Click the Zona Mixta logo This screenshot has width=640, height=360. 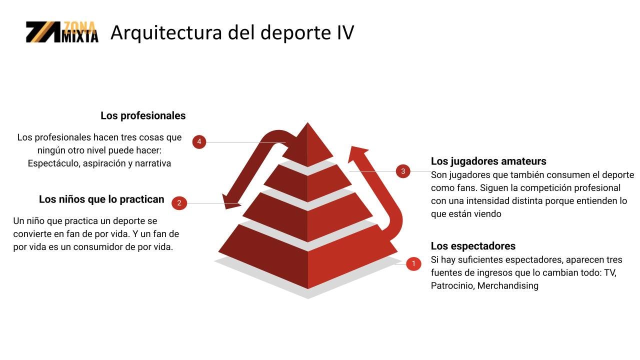(62, 32)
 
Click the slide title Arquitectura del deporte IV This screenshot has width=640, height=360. (232, 32)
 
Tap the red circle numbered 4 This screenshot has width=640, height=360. (199, 141)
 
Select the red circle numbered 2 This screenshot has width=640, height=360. (179, 203)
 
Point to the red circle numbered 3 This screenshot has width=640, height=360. (403, 171)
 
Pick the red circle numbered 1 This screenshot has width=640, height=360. (413, 263)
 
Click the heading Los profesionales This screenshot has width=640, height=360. (143, 115)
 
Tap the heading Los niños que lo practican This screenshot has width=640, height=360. (101, 199)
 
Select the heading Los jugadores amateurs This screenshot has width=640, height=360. (488, 161)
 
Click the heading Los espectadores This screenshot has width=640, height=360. (473, 246)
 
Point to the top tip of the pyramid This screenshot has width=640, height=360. (307, 123)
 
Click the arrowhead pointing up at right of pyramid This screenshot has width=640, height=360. (357, 153)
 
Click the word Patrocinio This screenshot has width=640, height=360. (453, 285)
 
